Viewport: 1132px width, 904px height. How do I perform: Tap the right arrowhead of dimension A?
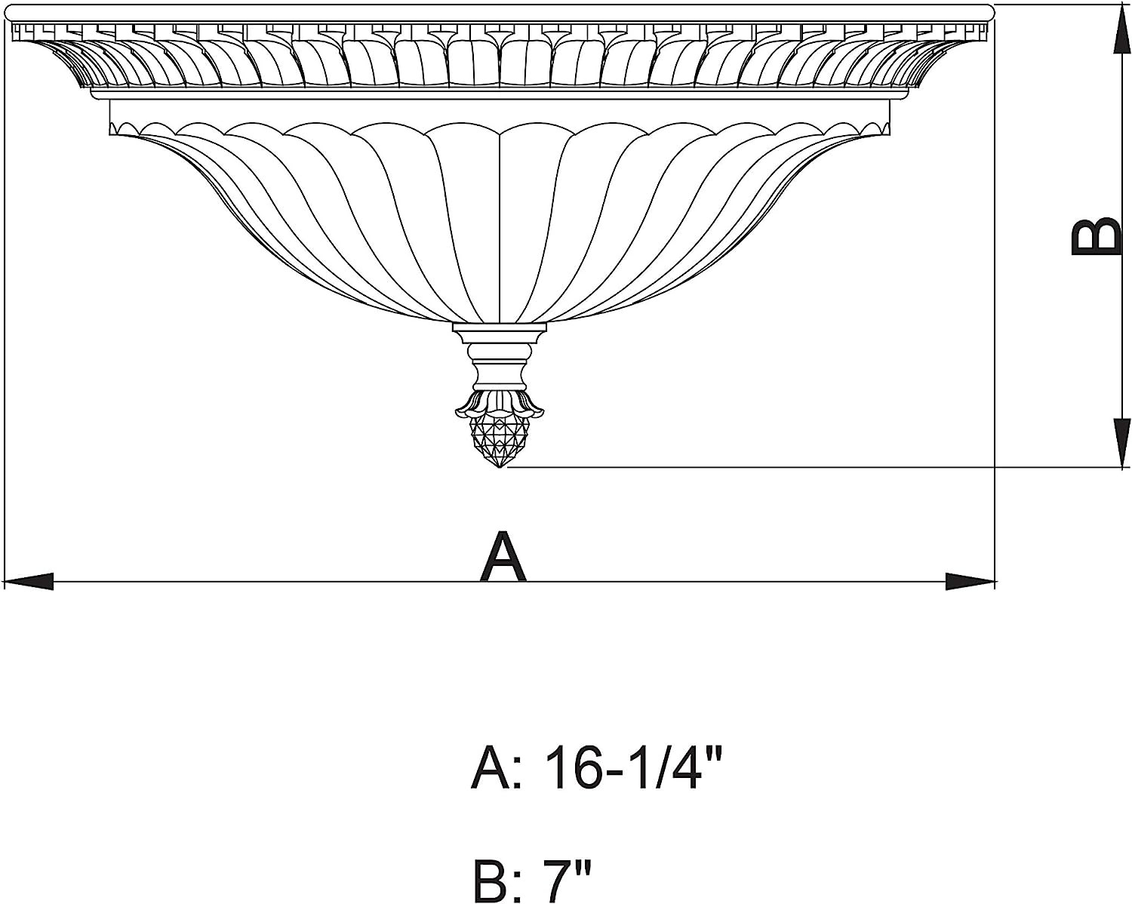[971, 582]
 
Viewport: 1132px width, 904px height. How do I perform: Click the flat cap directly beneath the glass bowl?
[499, 330]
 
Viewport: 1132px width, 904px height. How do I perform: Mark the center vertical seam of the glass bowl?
[500, 226]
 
